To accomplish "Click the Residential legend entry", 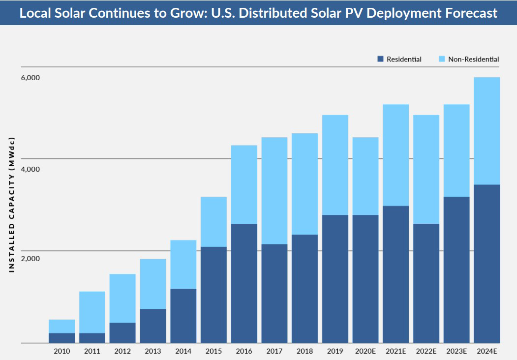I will pos(403,59).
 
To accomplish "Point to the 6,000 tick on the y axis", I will pos(30,78).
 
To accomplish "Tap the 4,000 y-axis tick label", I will pos(30,169).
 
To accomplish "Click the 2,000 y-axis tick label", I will pos(30,259).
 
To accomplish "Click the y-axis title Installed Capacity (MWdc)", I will pos(12,203).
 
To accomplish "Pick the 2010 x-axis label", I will pos(61,351).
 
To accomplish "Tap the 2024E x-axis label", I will pos(487,351).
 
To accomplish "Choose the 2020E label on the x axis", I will pos(365,351).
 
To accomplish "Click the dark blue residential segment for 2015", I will pos(213,295).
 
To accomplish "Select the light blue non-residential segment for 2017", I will pos(274,190).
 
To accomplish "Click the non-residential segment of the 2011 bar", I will pos(92,312).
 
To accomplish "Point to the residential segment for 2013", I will pos(153,326).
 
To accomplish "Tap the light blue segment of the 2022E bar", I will pos(426,169).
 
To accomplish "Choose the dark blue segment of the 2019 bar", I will pos(335,279).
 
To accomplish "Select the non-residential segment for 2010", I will pos(61,326).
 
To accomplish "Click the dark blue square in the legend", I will pos(380,59).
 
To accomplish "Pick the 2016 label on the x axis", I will pos(244,351).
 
